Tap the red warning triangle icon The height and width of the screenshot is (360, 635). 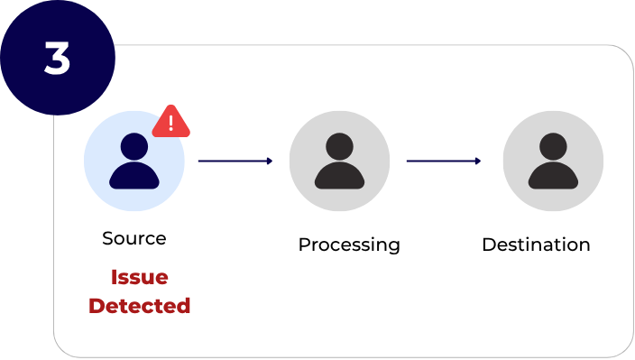[170, 122]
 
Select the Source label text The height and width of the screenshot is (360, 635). [134, 238]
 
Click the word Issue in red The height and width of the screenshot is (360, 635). [139, 277]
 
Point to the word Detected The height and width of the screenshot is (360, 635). [139, 306]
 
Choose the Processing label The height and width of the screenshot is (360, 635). [349, 245]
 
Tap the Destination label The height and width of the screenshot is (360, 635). [536, 245]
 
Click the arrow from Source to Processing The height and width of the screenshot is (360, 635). [235, 161]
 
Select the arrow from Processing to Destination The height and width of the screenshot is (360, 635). [443, 161]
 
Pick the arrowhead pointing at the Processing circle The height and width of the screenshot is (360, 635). [269, 161]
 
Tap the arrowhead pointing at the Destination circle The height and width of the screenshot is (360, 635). [477, 161]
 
